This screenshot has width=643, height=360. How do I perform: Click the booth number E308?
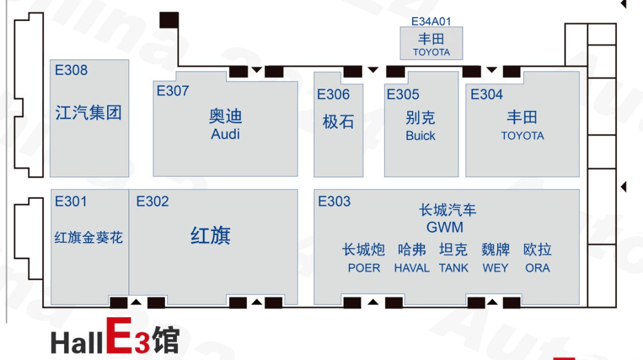coord(71,70)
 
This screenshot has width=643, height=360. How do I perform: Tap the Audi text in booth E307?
coord(225,134)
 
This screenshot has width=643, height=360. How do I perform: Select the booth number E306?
coord(333,95)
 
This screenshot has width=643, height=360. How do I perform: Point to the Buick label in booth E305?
coord(420,136)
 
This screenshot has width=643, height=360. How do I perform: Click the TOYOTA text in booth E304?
coord(523,136)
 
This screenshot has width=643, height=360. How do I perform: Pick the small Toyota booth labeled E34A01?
coord(432,43)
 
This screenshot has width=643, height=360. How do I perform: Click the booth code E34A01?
coord(431,21)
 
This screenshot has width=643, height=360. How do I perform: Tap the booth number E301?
coord(71,201)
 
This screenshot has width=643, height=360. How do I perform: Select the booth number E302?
coord(152,201)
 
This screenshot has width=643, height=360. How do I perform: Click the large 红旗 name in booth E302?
coord(210,236)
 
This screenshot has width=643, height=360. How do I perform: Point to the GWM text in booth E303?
coord(445,227)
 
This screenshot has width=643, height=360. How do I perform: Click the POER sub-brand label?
coord(364,268)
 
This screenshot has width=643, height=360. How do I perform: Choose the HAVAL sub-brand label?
coord(412,268)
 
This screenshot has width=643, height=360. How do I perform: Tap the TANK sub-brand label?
coord(454,268)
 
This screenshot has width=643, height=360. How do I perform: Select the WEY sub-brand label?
coord(495,268)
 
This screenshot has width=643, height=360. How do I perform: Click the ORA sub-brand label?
coord(538,268)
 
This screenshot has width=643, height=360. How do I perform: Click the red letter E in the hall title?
coord(119,336)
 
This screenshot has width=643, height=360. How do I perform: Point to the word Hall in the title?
coord(77,343)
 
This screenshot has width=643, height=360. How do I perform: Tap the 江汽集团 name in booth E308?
coord(89,112)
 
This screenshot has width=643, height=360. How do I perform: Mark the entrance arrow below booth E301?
coord(136,302)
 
